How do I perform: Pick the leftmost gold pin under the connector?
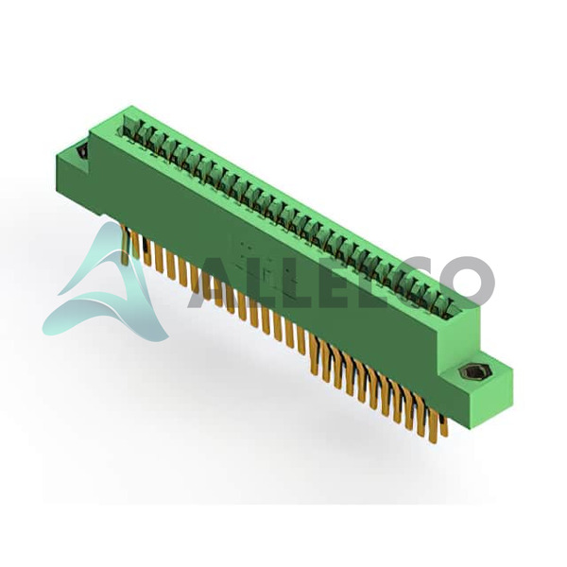tap(125, 244)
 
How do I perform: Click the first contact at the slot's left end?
tap(129, 128)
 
